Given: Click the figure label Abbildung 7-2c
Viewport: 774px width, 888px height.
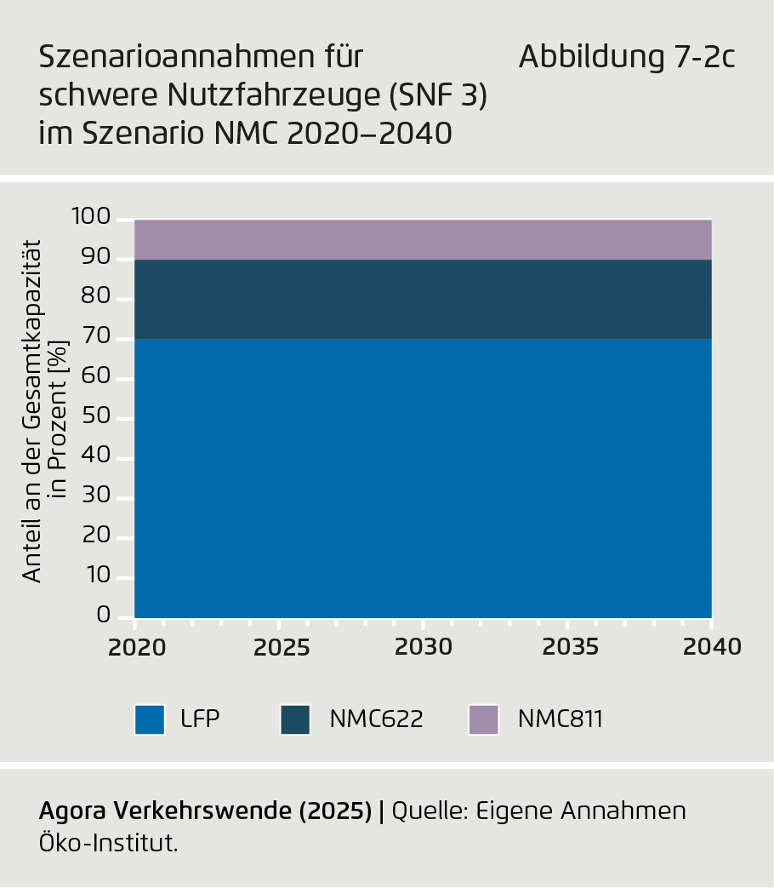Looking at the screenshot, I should [627, 58].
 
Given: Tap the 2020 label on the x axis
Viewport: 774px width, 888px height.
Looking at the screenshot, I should [136, 647].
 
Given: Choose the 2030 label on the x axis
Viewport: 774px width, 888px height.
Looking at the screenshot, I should [424, 647].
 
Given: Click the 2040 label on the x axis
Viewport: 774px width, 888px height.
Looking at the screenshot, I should [712, 647].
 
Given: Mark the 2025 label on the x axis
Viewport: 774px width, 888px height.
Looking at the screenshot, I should [281, 647].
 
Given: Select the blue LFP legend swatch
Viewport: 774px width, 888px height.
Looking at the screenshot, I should [150, 719].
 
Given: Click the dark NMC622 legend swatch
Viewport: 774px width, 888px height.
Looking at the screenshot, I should [295, 719].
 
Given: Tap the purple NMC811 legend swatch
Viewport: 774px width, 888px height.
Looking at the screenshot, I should [483, 719].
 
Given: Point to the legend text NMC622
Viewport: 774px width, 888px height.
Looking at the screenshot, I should [376, 719].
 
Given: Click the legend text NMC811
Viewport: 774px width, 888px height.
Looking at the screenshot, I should [560, 719].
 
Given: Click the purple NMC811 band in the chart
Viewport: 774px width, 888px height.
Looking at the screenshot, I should [423, 239].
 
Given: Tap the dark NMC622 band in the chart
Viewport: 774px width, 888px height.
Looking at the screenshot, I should [423, 299].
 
